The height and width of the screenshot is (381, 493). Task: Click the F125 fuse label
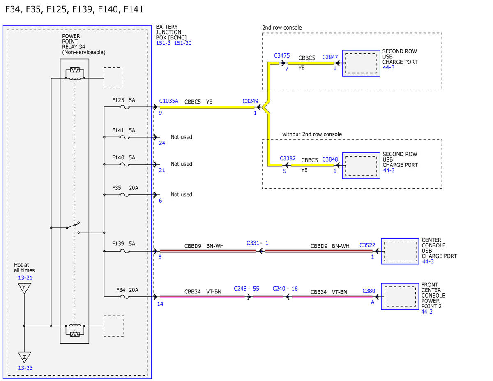[x=118, y=100]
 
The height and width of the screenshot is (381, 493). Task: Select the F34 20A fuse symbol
[x=124, y=297]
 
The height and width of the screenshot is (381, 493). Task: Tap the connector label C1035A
[x=168, y=101]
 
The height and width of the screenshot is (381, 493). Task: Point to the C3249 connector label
[x=250, y=101]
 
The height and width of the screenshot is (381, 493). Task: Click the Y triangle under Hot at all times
[x=25, y=288]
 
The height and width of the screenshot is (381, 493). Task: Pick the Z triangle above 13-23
[x=25, y=357]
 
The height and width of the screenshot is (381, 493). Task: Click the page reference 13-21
[x=25, y=278]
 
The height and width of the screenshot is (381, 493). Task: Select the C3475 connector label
[x=282, y=55]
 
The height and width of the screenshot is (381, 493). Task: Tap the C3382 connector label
[x=288, y=158]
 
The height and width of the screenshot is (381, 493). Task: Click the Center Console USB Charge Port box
[x=400, y=251]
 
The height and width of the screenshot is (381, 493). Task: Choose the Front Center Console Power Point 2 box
[x=400, y=296]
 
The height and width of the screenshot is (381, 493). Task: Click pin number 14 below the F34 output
[x=160, y=304]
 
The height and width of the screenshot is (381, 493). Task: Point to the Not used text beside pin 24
[x=181, y=137]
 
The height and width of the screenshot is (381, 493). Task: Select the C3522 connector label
[x=367, y=245]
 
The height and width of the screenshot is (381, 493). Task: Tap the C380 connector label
[x=369, y=291]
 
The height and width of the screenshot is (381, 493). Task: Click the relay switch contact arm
[x=73, y=225]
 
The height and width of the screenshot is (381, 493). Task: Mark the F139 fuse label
[x=118, y=243]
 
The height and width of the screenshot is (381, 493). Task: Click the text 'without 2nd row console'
[x=312, y=134]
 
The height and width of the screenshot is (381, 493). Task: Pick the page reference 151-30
[x=183, y=43]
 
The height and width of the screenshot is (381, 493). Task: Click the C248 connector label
[x=240, y=289]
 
